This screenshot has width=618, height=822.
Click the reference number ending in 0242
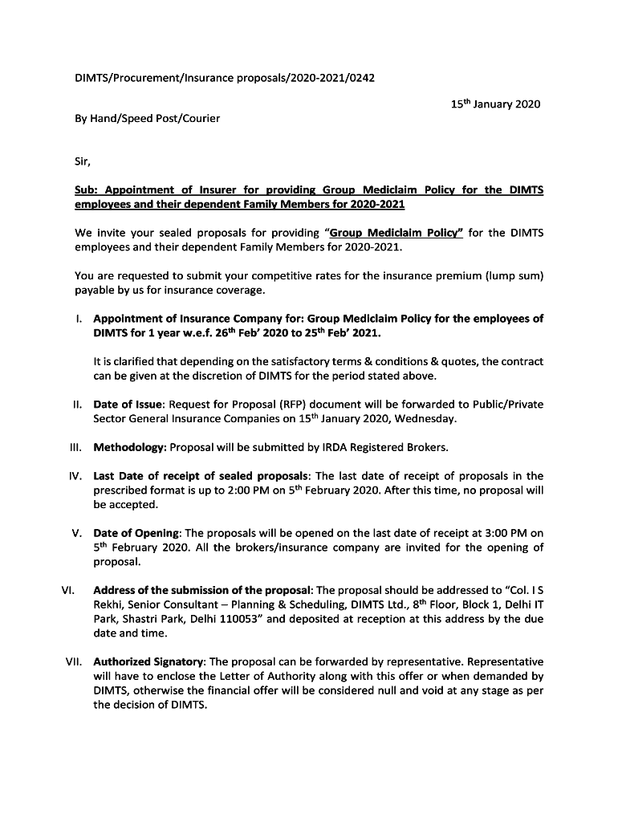click(225, 78)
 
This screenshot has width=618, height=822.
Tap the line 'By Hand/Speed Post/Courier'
click(147, 118)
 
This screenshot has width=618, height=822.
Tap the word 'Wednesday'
click(425, 418)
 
